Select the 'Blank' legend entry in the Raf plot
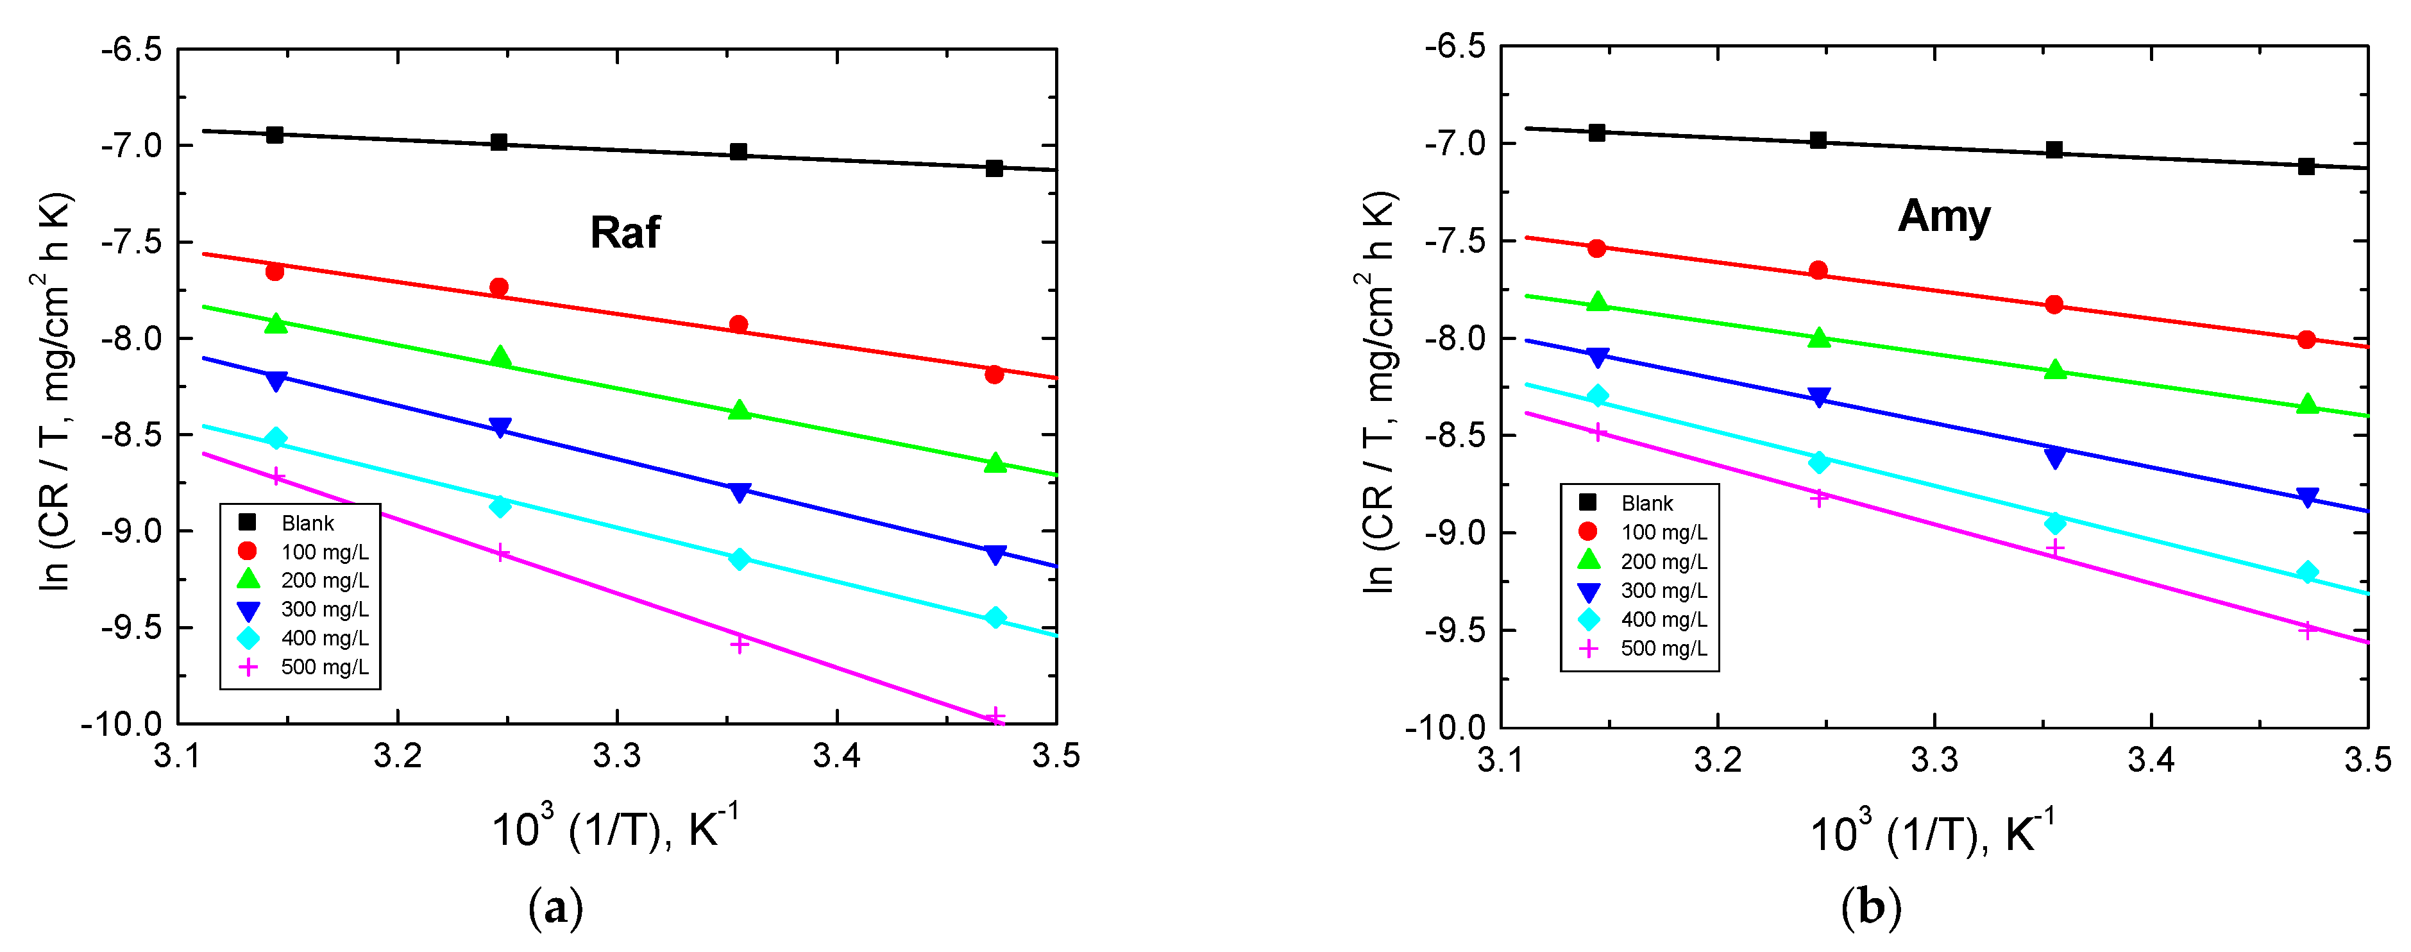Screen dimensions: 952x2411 [307, 522]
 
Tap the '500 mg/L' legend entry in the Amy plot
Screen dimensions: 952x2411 [1663, 648]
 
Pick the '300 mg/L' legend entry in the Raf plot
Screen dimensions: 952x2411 [324, 609]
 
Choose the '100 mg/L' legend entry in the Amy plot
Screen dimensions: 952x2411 [1663, 532]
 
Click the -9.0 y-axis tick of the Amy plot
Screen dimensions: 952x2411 [1455, 532]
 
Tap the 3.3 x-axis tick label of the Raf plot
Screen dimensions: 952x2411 [617, 756]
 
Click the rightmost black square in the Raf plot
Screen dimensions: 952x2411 [994, 169]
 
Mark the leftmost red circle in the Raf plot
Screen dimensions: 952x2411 [275, 271]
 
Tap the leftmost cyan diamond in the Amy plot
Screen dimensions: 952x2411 [1598, 396]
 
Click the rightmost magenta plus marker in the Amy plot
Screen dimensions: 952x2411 [2307, 630]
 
